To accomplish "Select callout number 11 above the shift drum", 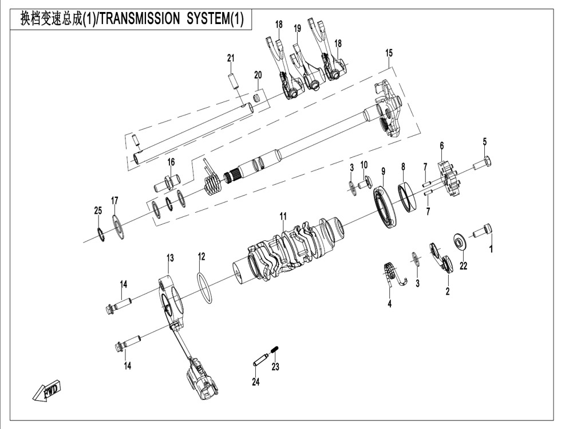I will point(283,216).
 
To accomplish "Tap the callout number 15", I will point(389,53).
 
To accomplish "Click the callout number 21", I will point(231,58).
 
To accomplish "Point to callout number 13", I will point(169,259).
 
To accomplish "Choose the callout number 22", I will point(463,266).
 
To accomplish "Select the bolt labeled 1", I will point(482,232).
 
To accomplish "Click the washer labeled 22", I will point(460,240).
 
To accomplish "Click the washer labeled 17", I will point(118,228).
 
